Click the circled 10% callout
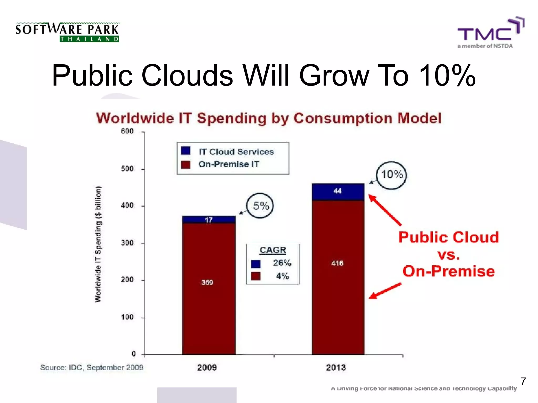click(x=392, y=175)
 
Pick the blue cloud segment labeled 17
click(x=209, y=220)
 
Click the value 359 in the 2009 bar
click(x=207, y=283)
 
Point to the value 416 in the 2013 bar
click(x=337, y=263)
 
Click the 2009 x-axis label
click(x=207, y=367)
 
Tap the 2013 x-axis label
click(x=336, y=367)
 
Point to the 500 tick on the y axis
click(x=127, y=169)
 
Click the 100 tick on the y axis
click(x=127, y=317)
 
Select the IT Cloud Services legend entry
click(x=236, y=152)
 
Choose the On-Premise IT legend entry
click(x=229, y=164)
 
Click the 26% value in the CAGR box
click(x=282, y=263)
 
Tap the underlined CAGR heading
click(x=273, y=250)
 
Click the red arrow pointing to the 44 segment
click(x=385, y=210)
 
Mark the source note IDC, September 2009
click(x=92, y=367)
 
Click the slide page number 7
click(x=523, y=381)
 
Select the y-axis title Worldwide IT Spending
click(x=98, y=244)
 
